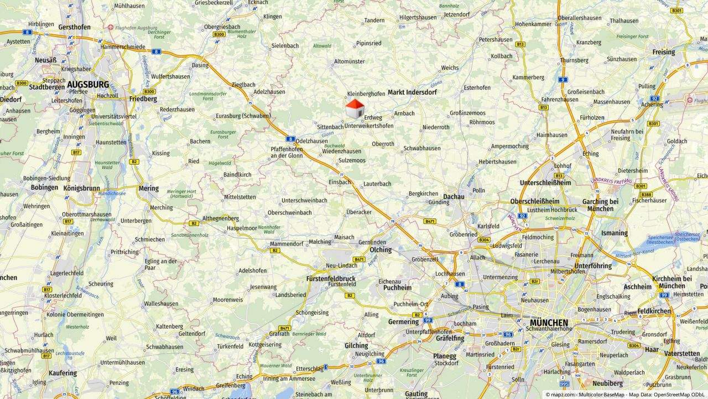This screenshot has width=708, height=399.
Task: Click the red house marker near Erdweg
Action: point(355,108)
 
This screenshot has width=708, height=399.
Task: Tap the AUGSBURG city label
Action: point(88,84)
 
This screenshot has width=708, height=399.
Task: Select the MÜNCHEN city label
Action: point(548,323)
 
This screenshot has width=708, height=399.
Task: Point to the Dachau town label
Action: point(454,196)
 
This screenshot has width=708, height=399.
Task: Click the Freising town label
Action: point(663,52)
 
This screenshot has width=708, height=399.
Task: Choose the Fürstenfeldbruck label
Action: point(331,278)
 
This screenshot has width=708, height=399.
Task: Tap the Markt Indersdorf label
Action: point(412,92)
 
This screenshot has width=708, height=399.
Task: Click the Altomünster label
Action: point(350,62)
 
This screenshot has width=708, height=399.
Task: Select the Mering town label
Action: point(149,188)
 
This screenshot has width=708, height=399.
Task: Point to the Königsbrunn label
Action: point(81,188)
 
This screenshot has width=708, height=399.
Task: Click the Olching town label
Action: point(381,250)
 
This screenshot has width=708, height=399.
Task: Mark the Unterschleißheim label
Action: point(545,182)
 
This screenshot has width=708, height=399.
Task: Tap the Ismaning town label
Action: point(614,233)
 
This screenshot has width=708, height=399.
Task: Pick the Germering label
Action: point(403,321)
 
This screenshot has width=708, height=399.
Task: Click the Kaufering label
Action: point(63,373)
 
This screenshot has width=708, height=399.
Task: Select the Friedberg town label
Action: point(143,99)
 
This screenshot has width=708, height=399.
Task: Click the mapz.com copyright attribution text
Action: point(626,395)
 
